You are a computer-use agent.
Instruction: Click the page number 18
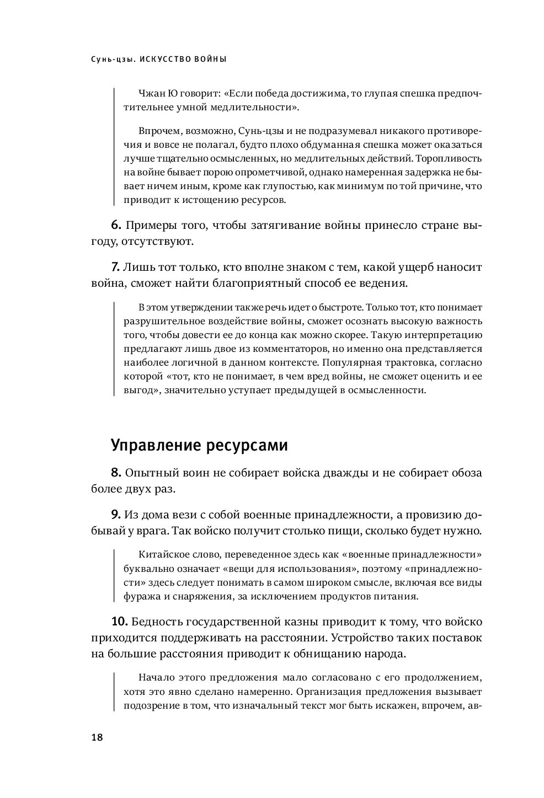tap(98, 738)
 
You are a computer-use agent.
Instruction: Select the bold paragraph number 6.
tap(116, 226)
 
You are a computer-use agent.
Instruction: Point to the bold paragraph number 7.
tap(115, 267)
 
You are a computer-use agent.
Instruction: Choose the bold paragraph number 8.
tap(116, 473)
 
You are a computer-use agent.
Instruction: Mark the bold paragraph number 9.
tap(116, 515)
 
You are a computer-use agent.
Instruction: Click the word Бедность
tap(158, 622)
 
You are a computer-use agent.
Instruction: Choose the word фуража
tap(141, 596)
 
